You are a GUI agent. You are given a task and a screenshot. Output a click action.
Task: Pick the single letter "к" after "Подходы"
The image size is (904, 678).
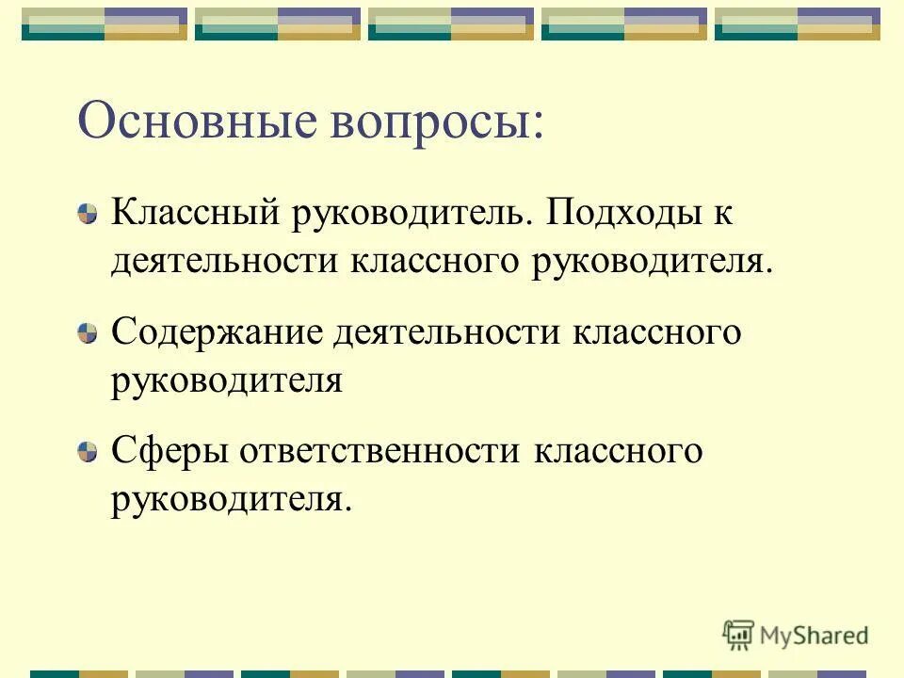(722, 213)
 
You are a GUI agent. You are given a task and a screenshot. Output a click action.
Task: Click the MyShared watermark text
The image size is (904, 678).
(815, 636)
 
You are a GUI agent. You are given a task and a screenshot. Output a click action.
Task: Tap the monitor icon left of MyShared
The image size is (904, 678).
(738, 635)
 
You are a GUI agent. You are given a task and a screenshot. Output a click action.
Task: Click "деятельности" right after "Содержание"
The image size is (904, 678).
(456, 332)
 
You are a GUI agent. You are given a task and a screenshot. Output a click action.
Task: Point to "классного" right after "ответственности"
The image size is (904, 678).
(619, 451)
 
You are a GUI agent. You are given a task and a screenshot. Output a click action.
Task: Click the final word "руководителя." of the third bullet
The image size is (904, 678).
(231, 499)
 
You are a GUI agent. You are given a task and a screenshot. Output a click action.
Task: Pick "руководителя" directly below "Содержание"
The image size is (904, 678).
(226, 380)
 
